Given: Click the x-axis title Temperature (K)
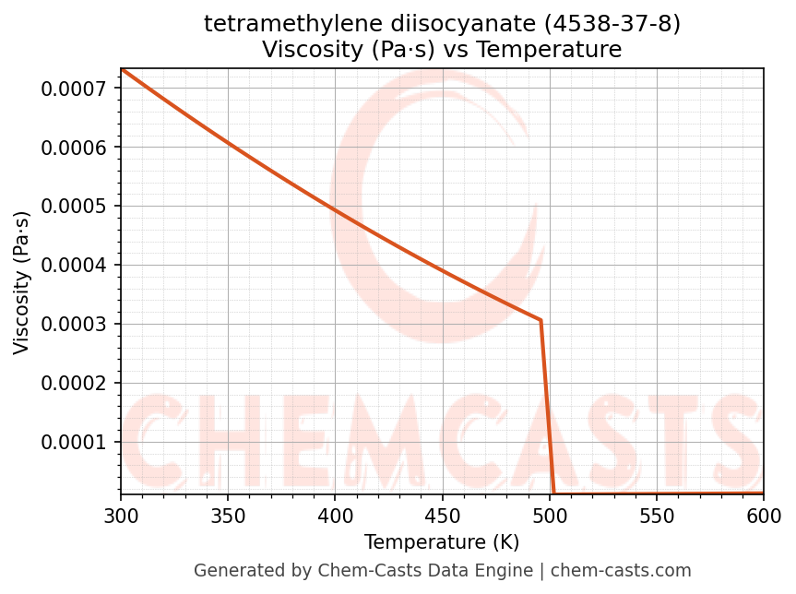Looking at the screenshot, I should [442, 541].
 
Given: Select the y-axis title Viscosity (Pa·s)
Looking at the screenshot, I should [22, 282].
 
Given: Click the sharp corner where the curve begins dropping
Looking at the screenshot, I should [541, 320].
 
